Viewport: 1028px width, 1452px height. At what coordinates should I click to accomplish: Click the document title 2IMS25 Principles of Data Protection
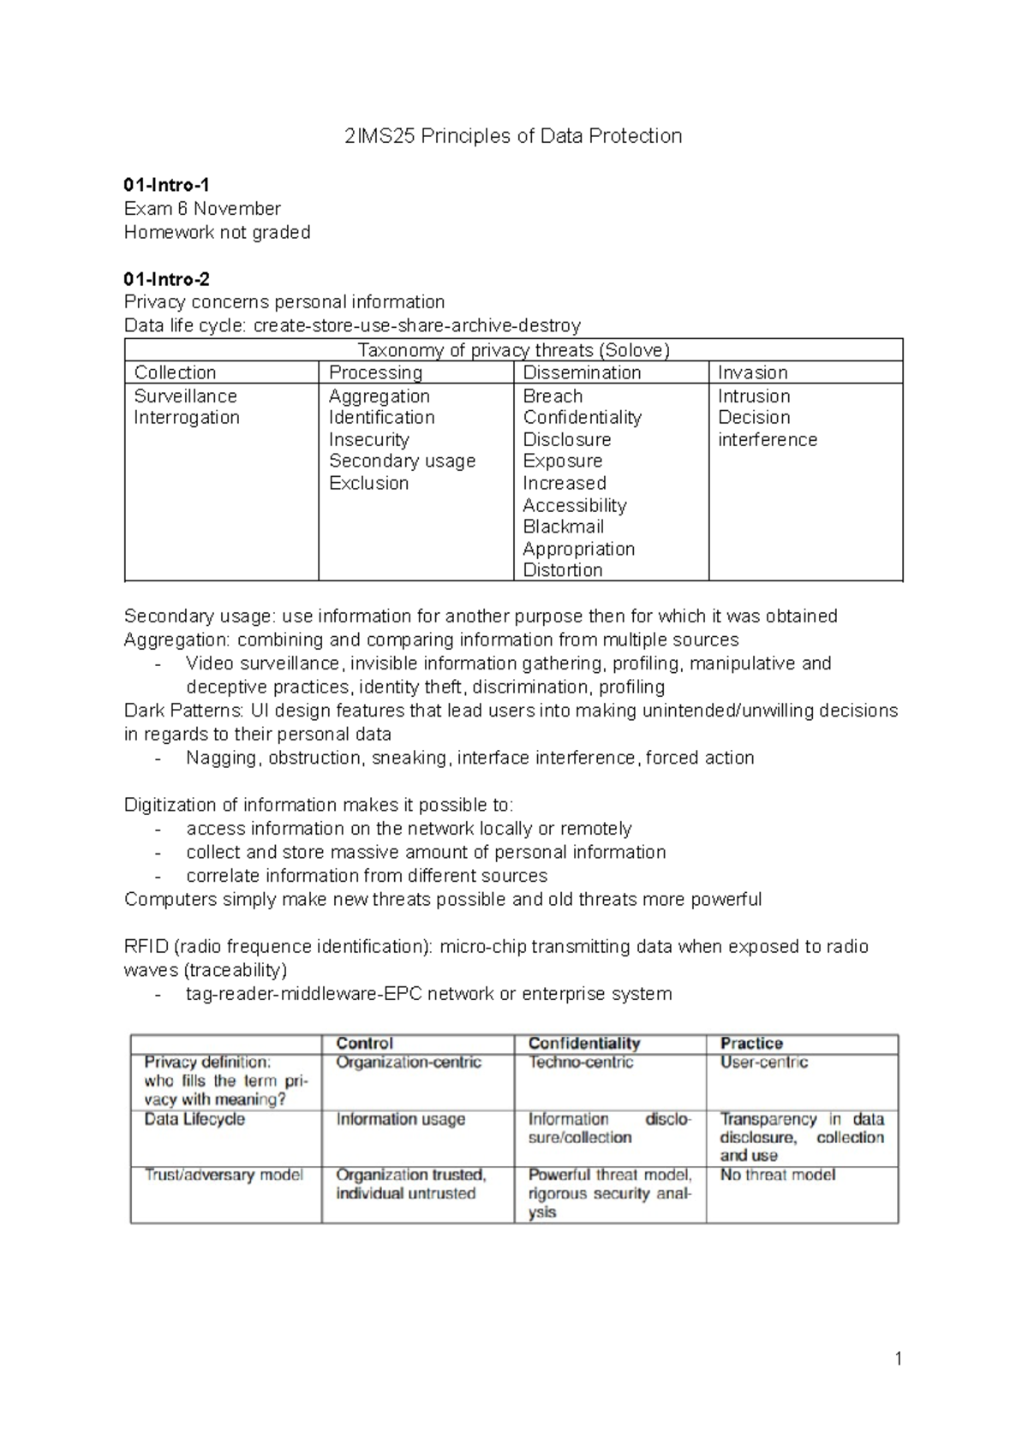(x=513, y=136)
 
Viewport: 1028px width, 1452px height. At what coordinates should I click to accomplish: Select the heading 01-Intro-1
(x=166, y=185)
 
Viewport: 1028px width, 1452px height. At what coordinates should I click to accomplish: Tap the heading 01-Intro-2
(x=166, y=279)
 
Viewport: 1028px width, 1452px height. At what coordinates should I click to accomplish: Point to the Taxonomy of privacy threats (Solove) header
(x=513, y=350)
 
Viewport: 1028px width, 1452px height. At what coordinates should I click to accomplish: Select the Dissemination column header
(x=582, y=372)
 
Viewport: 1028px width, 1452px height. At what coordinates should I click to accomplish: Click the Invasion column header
(x=752, y=372)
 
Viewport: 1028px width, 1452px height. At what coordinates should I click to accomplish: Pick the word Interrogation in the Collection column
(x=186, y=418)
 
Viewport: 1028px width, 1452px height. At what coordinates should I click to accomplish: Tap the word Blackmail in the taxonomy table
(x=563, y=527)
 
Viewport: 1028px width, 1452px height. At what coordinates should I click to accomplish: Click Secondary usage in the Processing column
(x=402, y=461)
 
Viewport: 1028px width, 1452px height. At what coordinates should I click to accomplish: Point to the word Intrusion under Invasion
(x=754, y=396)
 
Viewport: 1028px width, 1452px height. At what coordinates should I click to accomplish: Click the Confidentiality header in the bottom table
(x=584, y=1043)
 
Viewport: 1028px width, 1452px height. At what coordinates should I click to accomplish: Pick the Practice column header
(x=751, y=1043)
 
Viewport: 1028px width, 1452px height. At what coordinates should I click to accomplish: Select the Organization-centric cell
(x=408, y=1062)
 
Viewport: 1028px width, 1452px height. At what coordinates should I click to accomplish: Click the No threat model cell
(x=777, y=1175)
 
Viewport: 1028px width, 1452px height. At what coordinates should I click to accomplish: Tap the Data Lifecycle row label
(x=194, y=1119)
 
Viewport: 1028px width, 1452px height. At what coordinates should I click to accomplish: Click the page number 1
(x=898, y=1359)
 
